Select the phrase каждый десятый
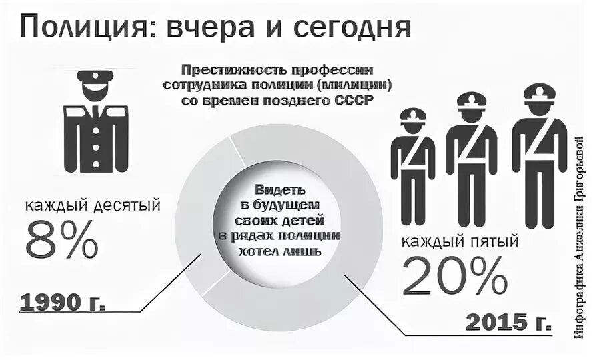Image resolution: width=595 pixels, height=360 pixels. click(x=93, y=205)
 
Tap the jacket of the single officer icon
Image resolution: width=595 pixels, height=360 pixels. click(x=96, y=137)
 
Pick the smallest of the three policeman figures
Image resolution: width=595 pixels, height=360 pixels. click(x=412, y=167)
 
